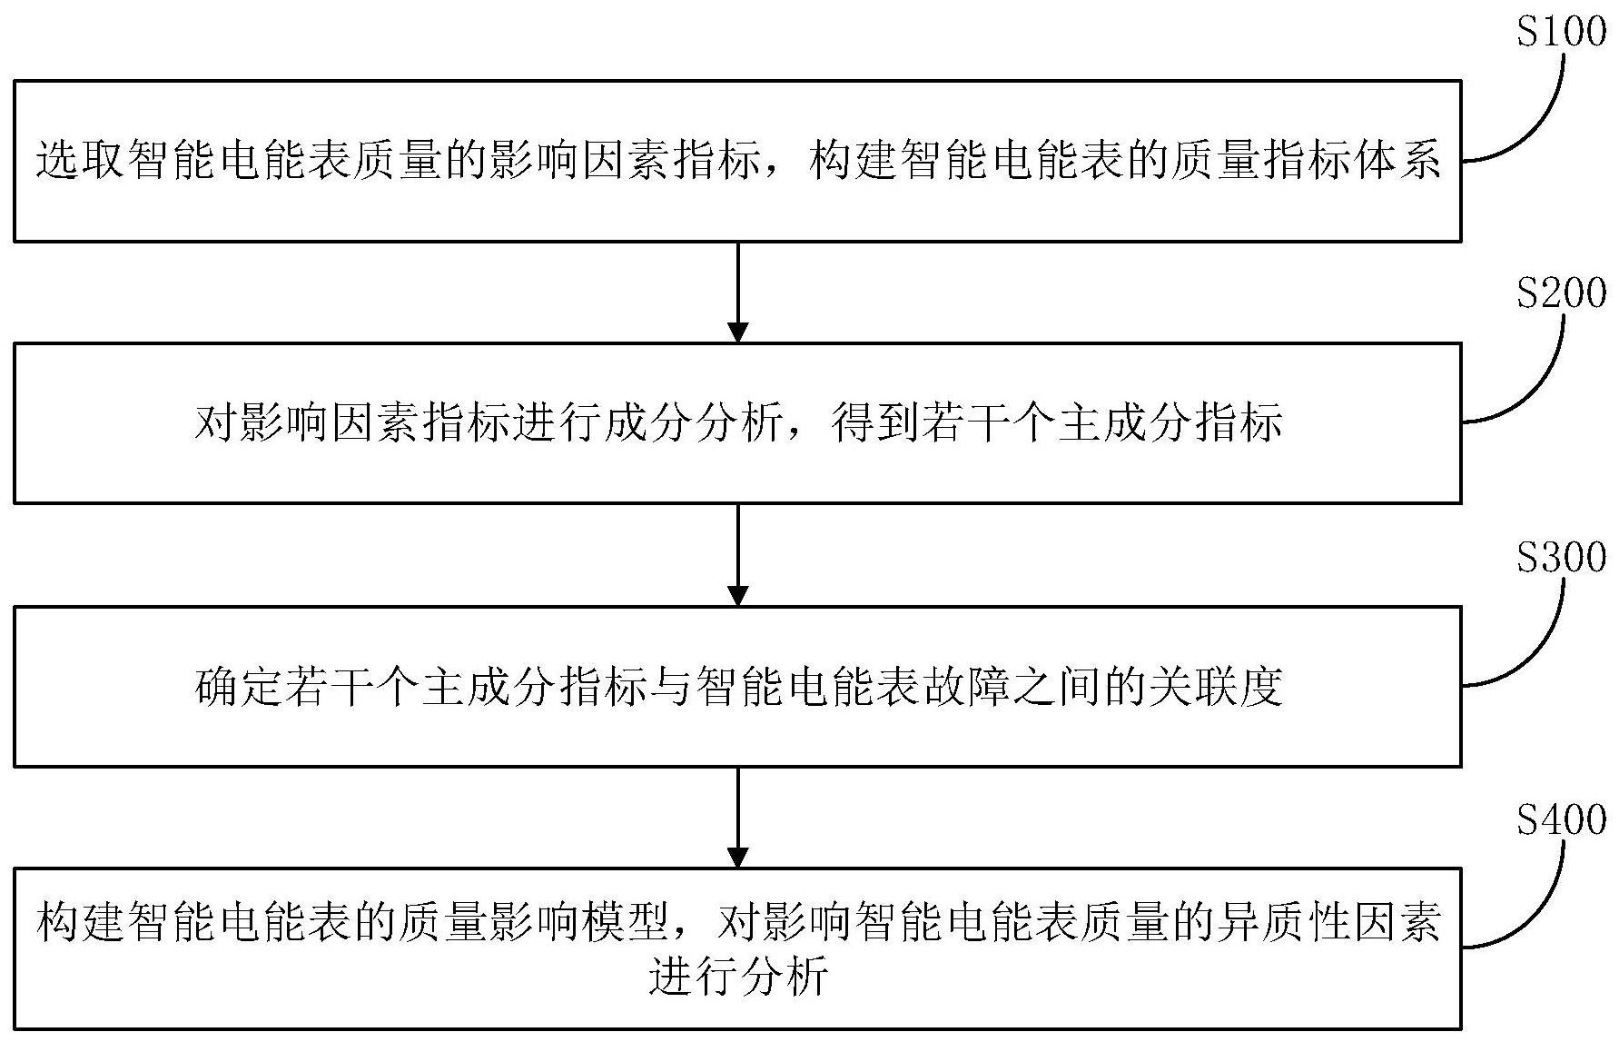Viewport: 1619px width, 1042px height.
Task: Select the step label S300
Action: [1561, 557]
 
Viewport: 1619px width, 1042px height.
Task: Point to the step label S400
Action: [1561, 819]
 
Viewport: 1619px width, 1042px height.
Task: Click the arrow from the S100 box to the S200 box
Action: [738, 292]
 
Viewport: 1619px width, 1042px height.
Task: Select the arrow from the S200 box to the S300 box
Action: [738, 554]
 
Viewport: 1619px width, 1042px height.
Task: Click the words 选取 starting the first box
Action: [81, 161]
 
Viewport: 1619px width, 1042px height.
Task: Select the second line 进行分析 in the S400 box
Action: [738, 977]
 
